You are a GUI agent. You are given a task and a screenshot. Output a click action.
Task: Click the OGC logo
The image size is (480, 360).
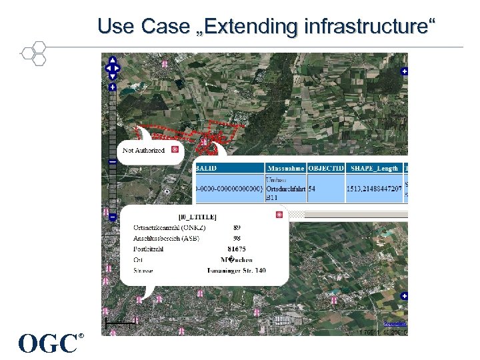[49, 343]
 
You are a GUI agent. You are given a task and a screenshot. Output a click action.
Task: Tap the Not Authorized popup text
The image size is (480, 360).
[143, 150]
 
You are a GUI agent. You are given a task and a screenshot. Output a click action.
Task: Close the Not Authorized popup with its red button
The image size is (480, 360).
[175, 150]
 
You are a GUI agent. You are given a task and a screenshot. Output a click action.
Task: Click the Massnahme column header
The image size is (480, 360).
[285, 167]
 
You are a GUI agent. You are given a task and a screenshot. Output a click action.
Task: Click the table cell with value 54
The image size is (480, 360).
[312, 189]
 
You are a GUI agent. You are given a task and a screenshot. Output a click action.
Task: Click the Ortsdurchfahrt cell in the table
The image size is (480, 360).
[285, 189]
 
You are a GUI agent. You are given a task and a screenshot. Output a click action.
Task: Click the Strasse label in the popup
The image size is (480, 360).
[143, 270]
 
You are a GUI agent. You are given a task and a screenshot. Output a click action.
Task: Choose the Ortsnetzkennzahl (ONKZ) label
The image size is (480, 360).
[169, 227]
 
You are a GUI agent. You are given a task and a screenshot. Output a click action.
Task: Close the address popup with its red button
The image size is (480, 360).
[279, 215]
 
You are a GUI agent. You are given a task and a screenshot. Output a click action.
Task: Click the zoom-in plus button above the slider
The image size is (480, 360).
[112, 87]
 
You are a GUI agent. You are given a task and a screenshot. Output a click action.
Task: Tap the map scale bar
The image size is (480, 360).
[121, 323]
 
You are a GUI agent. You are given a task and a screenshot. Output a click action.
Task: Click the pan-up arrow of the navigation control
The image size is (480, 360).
[112, 60]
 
